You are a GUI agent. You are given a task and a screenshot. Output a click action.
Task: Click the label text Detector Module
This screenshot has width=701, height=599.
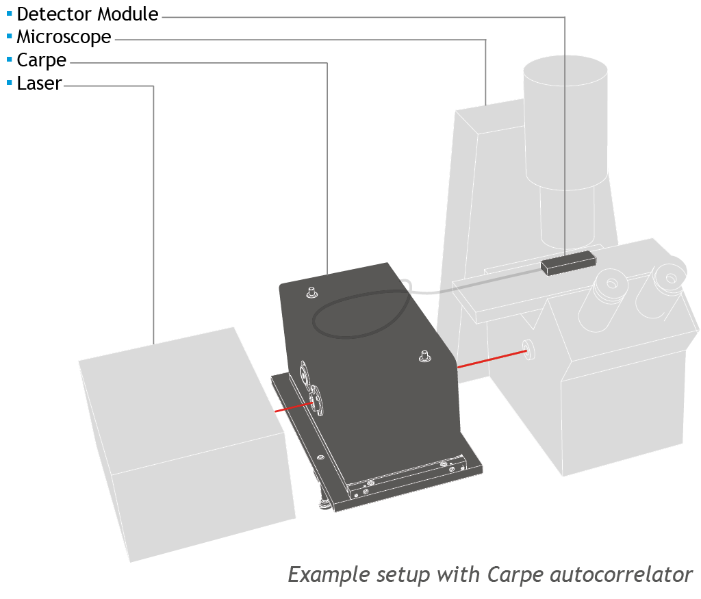pos(88,14)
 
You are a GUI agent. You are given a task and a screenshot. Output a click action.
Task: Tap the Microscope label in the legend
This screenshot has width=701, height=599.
pos(64,37)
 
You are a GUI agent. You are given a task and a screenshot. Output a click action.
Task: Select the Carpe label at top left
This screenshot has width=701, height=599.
pos(42,60)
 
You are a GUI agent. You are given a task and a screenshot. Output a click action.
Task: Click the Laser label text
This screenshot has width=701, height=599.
pos(40,84)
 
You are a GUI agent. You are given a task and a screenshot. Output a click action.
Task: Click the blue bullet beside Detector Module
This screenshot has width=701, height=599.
pos(9,13)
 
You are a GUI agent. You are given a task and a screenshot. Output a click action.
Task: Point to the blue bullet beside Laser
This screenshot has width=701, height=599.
pos(9,83)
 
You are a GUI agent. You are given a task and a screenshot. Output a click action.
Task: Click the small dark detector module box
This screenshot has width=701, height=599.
pos(567,263)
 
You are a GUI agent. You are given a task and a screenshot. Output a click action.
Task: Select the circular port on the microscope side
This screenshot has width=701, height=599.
pos(528,348)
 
